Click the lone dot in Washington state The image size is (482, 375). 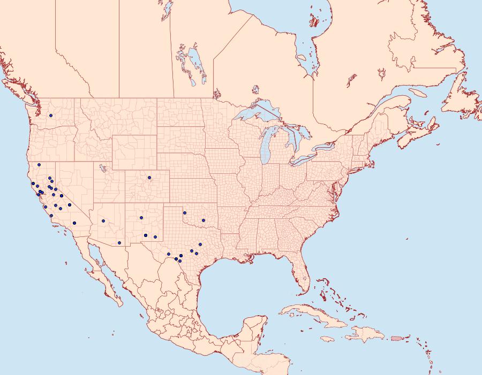[x=51, y=116]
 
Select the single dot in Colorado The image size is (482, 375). [x=149, y=178]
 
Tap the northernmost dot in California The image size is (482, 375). [x=39, y=165]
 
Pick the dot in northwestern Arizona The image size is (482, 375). [x=103, y=220]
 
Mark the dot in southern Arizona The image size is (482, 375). [x=119, y=243]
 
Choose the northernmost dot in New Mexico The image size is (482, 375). [x=141, y=218]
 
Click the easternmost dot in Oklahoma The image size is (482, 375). [x=203, y=219]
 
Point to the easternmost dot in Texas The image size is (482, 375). [x=200, y=245]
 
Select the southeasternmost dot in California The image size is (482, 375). [x=74, y=223]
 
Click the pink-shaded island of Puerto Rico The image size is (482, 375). [x=396, y=338]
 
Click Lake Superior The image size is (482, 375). [x=257, y=115]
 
